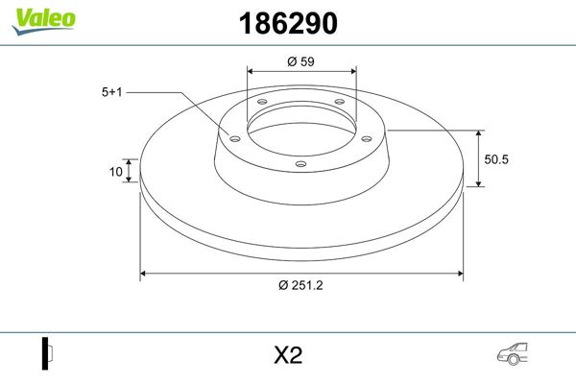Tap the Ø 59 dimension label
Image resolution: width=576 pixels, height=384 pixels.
(x=301, y=61)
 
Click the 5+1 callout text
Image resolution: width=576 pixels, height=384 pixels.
(x=112, y=92)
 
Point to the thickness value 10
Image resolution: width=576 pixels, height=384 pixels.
(x=116, y=172)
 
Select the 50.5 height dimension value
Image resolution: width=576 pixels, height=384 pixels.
(x=495, y=158)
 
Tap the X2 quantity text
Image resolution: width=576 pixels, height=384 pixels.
(x=288, y=356)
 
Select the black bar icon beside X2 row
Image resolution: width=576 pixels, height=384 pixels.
(x=45, y=353)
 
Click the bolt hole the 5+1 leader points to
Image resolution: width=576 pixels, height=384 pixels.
(x=232, y=136)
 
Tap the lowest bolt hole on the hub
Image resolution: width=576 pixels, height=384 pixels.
(x=300, y=163)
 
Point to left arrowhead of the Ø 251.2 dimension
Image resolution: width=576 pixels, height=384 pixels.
(x=145, y=275)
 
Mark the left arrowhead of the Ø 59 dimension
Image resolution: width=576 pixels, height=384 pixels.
(x=251, y=70)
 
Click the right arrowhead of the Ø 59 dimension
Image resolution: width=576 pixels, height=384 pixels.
(x=353, y=70)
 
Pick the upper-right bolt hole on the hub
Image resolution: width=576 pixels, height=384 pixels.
(x=339, y=104)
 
